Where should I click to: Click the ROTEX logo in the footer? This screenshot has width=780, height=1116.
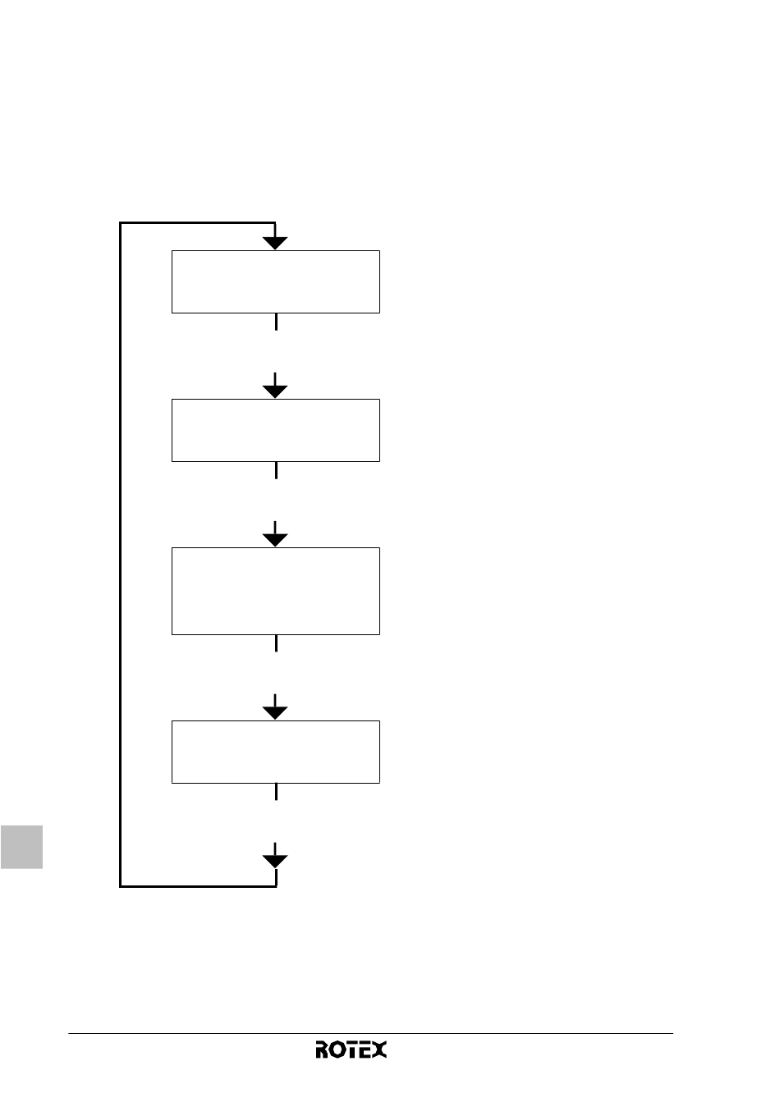[x=351, y=1049]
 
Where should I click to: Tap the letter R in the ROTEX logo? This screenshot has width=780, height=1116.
[x=322, y=1049]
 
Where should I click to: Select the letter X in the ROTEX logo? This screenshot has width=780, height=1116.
[x=379, y=1049]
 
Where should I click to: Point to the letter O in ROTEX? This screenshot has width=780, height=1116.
[x=337, y=1050]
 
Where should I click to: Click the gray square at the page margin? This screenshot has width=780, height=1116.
[x=21, y=847]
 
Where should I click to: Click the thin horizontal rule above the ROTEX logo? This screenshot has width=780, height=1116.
[x=370, y=1033]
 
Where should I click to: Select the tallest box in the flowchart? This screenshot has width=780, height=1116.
[x=276, y=591]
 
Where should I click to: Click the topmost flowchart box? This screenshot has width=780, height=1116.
[x=276, y=281]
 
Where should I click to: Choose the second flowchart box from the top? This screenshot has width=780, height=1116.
[x=276, y=430]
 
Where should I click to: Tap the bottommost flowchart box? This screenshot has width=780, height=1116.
[x=276, y=752]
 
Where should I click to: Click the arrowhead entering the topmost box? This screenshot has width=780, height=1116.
[x=275, y=243]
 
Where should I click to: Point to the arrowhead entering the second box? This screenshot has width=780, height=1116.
[x=275, y=391]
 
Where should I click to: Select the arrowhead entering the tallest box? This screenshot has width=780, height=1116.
[x=275, y=540]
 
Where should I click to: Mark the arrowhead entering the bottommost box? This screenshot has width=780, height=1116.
[x=275, y=713]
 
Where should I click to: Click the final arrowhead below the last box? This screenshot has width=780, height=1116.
[x=275, y=862]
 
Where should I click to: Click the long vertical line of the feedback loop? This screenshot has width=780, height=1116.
[x=120, y=555]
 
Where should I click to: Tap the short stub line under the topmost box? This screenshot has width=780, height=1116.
[x=276, y=322]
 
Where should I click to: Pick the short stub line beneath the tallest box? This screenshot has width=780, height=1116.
[x=276, y=643]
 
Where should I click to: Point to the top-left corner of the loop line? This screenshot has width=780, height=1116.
[x=120, y=222]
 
